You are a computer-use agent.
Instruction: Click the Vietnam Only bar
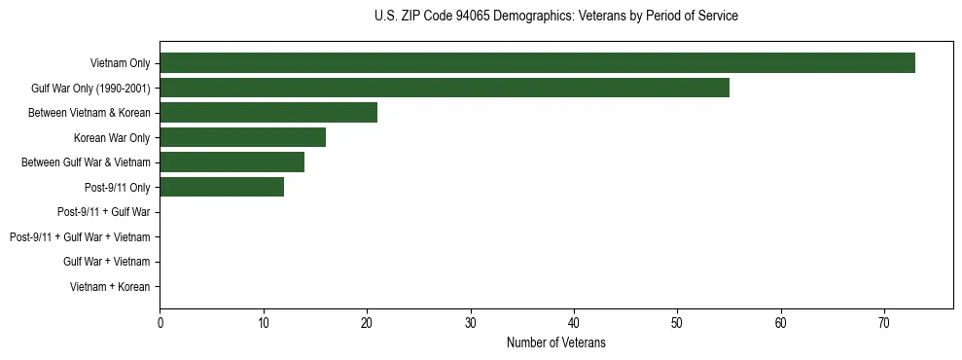pos(537,63)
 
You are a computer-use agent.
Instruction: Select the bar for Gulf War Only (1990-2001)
pos(445,89)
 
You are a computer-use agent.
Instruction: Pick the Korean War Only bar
pos(242,137)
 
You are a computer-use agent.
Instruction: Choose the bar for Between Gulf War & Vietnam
pos(232,162)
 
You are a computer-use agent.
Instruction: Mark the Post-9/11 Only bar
pos(222,187)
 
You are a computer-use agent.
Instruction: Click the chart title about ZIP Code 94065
pos(555,17)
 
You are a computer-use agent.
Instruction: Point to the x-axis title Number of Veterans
pos(555,342)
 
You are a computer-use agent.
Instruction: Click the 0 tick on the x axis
pos(160,323)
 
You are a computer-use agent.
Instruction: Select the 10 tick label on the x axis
pos(263,323)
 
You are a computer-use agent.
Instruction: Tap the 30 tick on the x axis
pos(470,323)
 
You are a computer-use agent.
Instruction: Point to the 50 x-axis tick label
pos(677,323)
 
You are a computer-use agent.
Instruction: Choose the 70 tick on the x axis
pos(884,323)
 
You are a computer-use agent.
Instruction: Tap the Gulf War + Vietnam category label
pos(106,262)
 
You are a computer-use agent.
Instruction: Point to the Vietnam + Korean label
pos(110,286)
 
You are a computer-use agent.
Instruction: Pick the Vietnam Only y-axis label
pos(120,64)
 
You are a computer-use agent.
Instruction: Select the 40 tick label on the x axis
pos(574,323)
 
